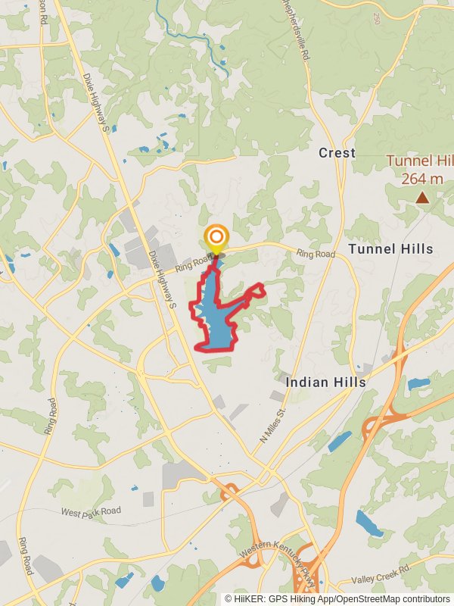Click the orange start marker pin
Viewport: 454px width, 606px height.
click(216, 237)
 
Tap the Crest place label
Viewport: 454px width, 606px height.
click(337, 153)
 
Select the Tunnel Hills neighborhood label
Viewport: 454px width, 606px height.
click(390, 249)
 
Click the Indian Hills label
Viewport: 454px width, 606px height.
click(325, 383)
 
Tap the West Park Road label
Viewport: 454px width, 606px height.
click(91, 512)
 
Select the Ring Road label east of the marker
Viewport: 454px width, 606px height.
click(315, 254)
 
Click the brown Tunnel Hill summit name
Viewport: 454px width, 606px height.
click(420, 161)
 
